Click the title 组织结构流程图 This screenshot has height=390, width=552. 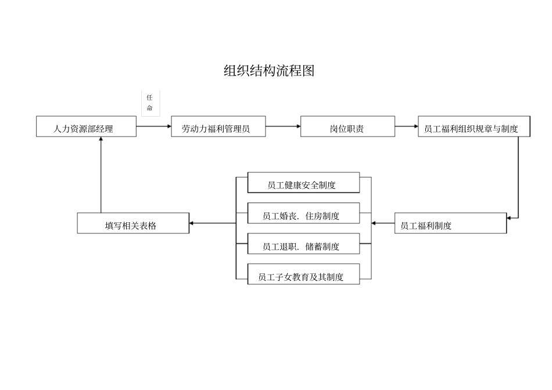point(269,71)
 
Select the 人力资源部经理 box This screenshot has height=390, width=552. point(86,127)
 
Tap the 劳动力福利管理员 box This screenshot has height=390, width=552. point(218,127)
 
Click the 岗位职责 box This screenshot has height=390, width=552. point(347,127)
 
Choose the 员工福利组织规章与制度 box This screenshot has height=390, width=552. point(474,127)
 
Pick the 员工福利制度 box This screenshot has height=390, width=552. point(450,223)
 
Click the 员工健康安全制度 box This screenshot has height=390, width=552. point(303,183)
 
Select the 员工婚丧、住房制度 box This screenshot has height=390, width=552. point(303,214)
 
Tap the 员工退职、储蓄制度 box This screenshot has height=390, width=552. point(303,244)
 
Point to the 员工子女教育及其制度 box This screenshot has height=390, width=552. point(303,275)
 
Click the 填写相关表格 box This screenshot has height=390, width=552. point(133,223)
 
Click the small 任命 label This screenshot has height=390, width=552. point(150,103)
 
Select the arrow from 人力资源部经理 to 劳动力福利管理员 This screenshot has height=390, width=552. point(154,126)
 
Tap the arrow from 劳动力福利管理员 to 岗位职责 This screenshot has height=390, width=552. point(283,126)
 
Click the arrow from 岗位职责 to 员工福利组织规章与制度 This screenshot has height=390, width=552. point(406,126)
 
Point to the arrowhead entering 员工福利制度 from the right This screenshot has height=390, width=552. point(509,218)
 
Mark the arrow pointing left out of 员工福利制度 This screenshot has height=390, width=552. point(383,223)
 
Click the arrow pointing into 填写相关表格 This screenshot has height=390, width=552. point(213,223)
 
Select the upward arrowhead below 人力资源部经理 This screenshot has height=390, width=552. point(101,140)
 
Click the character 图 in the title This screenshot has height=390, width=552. point(308,71)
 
